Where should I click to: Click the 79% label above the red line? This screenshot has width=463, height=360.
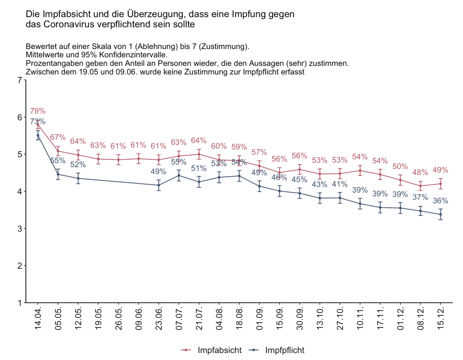click(x=38, y=111)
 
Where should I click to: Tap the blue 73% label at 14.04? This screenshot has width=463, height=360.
click(x=38, y=122)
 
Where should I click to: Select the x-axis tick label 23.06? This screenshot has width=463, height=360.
click(x=159, y=318)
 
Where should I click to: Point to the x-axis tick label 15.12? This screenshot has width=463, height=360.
click(x=441, y=318)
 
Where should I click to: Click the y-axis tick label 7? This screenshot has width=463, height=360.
click(x=19, y=80)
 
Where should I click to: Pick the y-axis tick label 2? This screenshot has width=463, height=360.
click(x=19, y=266)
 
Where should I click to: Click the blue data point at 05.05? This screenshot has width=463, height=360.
click(x=58, y=174)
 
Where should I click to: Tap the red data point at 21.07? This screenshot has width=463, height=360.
click(x=199, y=155)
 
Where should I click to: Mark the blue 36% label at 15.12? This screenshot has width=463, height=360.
click(x=441, y=201)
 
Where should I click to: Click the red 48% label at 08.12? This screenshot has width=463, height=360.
click(x=420, y=173)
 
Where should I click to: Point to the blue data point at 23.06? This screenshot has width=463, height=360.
click(x=159, y=185)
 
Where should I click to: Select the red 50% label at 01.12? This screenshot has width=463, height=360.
click(x=400, y=167)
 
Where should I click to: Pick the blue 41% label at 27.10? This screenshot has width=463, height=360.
click(x=340, y=184)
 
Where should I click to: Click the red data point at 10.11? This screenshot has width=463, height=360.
click(x=360, y=170)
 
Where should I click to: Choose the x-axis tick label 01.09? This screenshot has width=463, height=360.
click(x=259, y=318)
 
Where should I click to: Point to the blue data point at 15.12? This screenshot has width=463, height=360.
click(x=441, y=214)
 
